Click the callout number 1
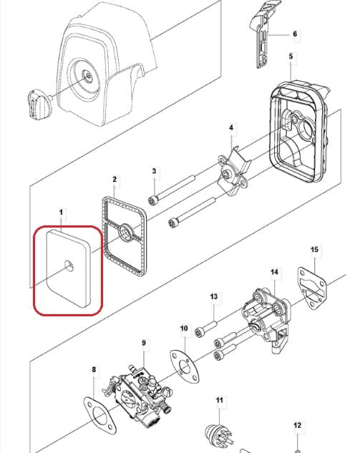(x=61, y=213)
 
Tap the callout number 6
(x=295, y=34)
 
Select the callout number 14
(x=275, y=272)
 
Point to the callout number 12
(x=297, y=425)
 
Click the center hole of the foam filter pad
(x=69, y=266)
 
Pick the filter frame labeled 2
(x=125, y=235)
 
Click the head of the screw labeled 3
(x=153, y=200)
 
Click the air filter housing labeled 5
(x=300, y=132)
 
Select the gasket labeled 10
(x=185, y=366)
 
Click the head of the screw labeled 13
(x=200, y=332)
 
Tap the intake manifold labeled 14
(x=266, y=319)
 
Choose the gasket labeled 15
(x=311, y=288)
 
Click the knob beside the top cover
(x=39, y=104)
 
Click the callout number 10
(x=184, y=328)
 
